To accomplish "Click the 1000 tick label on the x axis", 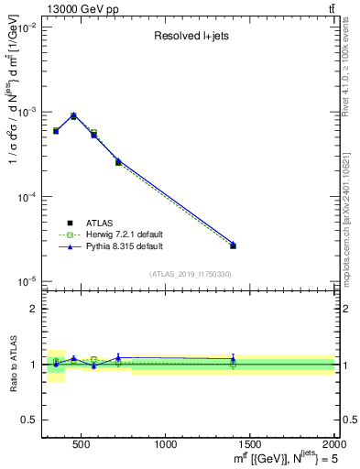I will pyautogui.click(x=166, y=444).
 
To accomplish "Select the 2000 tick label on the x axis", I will pyautogui.click(x=333, y=444).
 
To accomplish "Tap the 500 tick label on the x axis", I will pyautogui.click(x=82, y=444).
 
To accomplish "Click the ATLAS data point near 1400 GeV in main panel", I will pyautogui.click(x=233, y=245).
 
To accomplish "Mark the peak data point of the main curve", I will pyautogui.click(x=73, y=115).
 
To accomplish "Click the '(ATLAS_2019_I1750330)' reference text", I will pyautogui.click(x=190, y=274).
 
